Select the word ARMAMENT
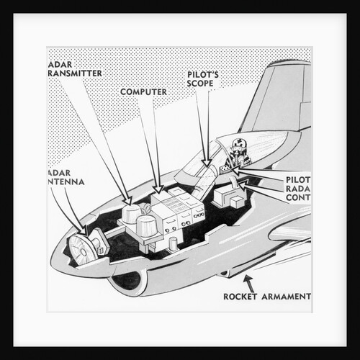coord(288,296)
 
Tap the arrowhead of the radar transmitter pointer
coord(127,202)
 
